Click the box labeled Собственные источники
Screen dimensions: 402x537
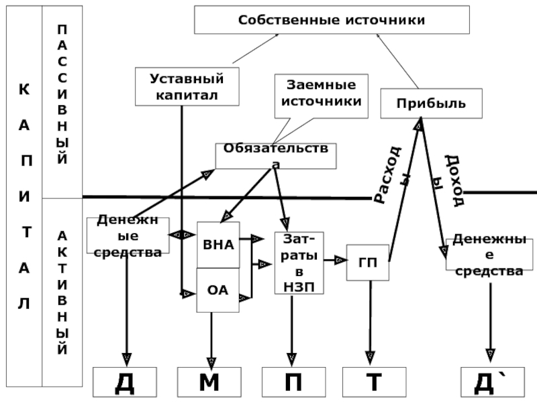(x=332, y=20)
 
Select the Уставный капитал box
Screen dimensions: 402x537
(x=187, y=86)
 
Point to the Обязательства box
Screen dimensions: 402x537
(x=275, y=155)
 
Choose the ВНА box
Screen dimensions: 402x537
(x=218, y=244)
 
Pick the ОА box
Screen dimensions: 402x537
(x=217, y=290)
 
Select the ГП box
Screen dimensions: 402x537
(x=368, y=263)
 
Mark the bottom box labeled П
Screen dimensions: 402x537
(x=293, y=383)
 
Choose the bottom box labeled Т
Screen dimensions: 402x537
(x=373, y=383)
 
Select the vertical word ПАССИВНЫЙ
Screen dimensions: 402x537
(x=62, y=94)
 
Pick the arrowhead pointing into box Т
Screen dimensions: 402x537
(x=369, y=356)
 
